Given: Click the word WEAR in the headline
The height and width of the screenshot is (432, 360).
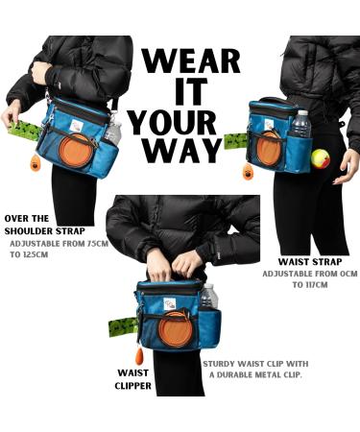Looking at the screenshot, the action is pyautogui.click(x=191, y=60).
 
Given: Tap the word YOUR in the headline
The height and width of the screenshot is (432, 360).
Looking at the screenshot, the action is pyautogui.click(x=173, y=122).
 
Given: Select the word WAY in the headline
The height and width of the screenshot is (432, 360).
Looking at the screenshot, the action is pyautogui.click(x=181, y=151).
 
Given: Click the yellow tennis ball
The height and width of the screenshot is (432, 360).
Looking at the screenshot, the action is pyautogui.click(x=321, y=158).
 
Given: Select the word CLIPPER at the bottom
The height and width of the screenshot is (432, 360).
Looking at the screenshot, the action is pyautogui.click(x=132, y=386).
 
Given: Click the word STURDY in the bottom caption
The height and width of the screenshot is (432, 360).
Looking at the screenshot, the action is pyautogui.click(x=219, y=364).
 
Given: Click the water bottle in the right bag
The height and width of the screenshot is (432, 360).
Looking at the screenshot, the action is pyautogui.click(x=300, y=124).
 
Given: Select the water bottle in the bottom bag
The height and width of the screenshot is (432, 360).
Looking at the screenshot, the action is pyautogui.click(x=209, y=296).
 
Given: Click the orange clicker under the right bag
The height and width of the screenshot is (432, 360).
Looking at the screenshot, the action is pyautogui.click(x=248, y=173).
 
